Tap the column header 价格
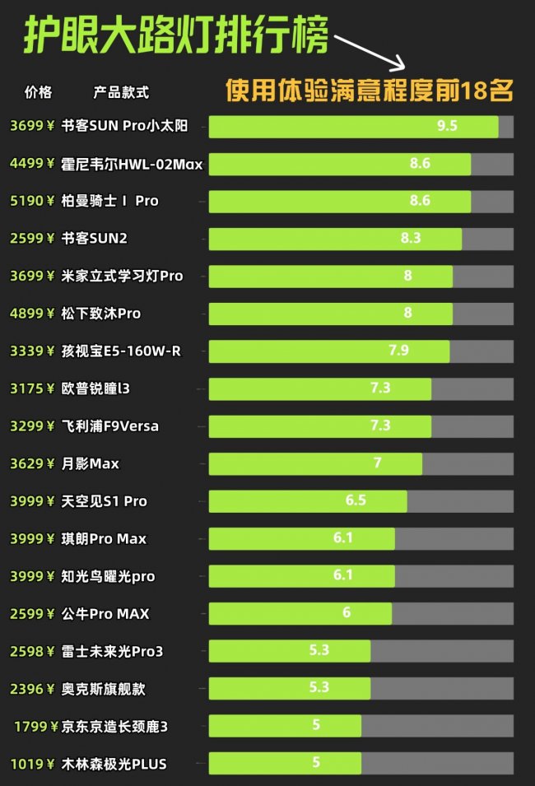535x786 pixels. click(x=39, y=92)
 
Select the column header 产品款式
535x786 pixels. click(x=122, y=92)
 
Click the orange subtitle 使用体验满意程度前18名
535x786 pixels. click(x=370, y=90)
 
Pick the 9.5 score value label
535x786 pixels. click(x=447, y=126)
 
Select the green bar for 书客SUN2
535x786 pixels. click(x=335, y=239)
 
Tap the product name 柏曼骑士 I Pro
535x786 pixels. click(x=110, y=201)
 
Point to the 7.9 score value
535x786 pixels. click(x=398, y=351)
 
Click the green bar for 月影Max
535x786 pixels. click(x=315, y=463)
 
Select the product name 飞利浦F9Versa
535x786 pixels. click(x=110, y=426)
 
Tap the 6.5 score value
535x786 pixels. click(x=356, y=500)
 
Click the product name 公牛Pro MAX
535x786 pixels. click(x=105, y=614)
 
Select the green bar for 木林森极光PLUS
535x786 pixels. click(x=285, y=764)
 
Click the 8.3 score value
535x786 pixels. click(x=411, y=239)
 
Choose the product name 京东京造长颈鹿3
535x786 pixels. click(x=114, y=726)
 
